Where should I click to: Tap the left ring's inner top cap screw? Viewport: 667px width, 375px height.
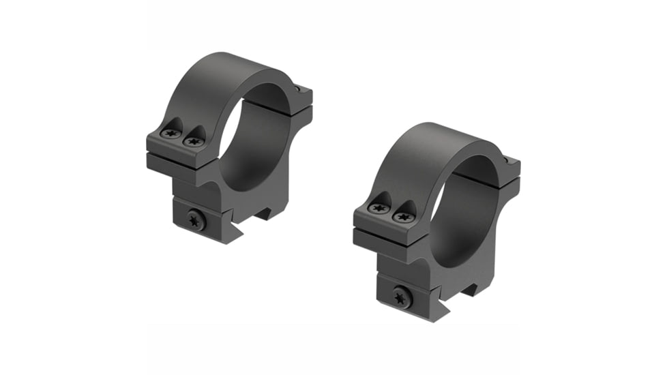coord(194,142)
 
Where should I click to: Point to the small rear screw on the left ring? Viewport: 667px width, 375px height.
coord(298,87)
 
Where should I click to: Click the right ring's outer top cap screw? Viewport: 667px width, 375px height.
coord(379,208)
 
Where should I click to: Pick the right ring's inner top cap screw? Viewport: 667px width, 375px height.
coord(402,216)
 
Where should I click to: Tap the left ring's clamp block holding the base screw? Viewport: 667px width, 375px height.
coord(205,220)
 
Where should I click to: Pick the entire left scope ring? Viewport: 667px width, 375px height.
coord(228,147)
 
